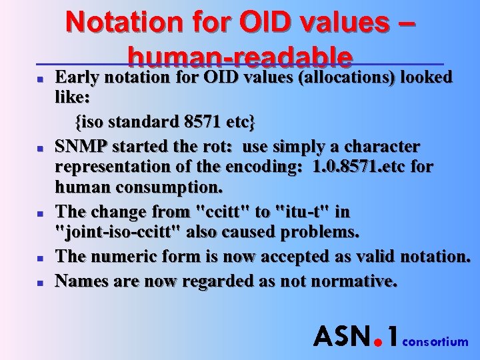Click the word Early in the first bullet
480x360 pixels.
point(77,77)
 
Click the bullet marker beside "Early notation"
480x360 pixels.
point(39,79)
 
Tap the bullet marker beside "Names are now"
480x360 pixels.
point(39,282)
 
